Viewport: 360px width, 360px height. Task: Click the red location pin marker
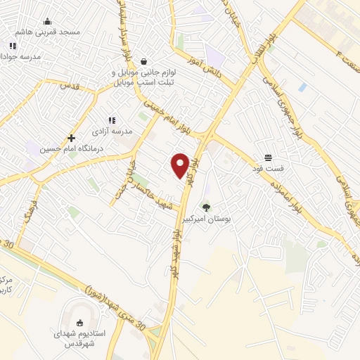181,164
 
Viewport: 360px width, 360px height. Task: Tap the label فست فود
268,169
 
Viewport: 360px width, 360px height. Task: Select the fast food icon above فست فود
268,157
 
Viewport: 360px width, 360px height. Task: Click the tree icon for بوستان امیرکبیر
206,207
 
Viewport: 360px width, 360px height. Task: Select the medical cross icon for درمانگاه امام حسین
71,138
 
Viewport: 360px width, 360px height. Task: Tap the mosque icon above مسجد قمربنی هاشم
47,21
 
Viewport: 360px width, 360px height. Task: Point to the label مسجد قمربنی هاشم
50,32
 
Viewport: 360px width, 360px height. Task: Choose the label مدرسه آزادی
108,131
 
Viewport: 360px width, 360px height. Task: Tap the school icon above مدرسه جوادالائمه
13,46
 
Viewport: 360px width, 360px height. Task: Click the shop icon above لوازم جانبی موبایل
144,61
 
